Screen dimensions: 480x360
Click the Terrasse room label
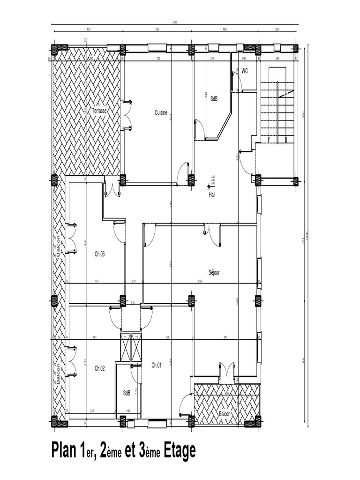click(x=99, y=111)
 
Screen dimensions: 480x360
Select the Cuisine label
click(x=161, y=112)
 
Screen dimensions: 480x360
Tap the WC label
click(x=245, y=70)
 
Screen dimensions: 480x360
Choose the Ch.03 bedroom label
click(x=99, y=254)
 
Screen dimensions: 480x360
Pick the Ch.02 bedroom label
click(x=99, y=368)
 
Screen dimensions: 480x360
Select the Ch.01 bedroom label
click(x=157, y=365)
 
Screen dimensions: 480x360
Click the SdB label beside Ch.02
click(x=127, y=393)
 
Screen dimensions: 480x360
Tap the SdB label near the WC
click(x=214, y=98)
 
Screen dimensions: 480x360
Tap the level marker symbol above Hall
click(x=208, y=186)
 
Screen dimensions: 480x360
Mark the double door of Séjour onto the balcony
click(x=226, y=370)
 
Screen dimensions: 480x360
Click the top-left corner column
click(x=54, y=49)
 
